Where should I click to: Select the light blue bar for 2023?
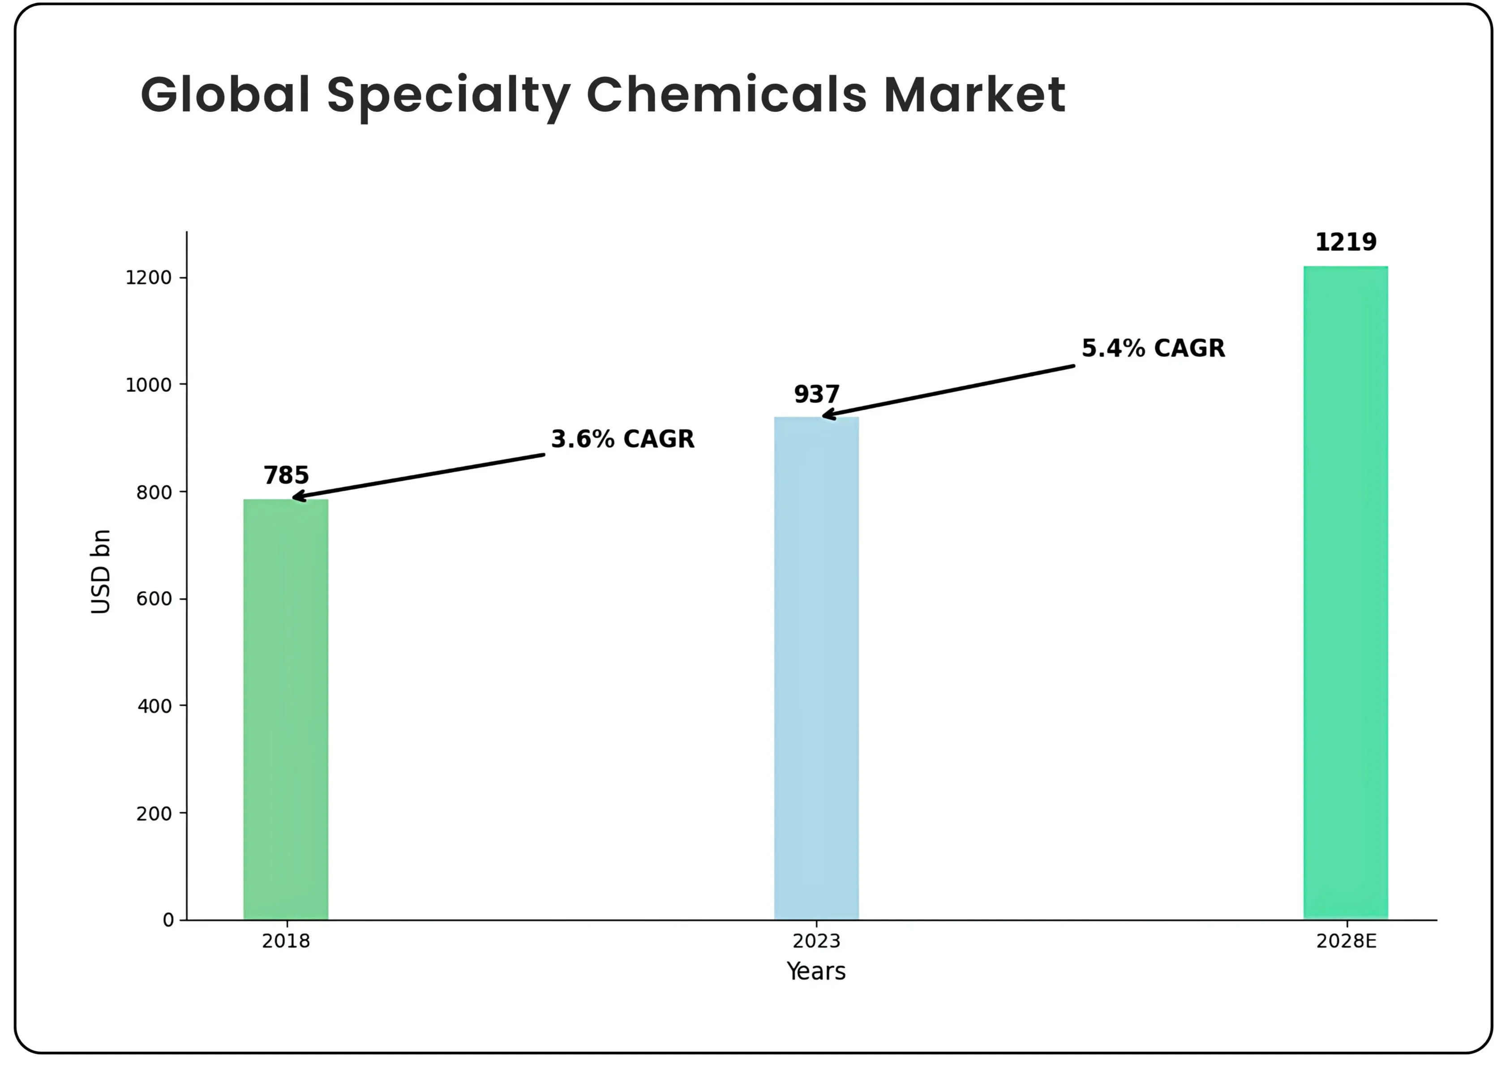coord(816,668)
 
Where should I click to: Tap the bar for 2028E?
coord(1346,592)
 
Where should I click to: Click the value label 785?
coord(286,475)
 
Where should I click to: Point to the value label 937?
coord(816,394)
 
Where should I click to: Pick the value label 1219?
coord(1346,242)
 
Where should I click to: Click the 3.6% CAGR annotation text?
coord(622,439)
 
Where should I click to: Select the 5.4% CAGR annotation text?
coord(1153,348)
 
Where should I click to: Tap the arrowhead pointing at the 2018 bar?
coord(297,497)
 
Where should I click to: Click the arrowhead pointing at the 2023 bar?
coord(828,415)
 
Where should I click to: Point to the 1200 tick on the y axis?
coord(149,278)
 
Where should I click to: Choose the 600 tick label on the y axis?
coord(154,599)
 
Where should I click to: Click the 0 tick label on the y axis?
coord(168,919)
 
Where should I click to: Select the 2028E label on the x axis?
coord(1346,941)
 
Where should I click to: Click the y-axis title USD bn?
coord(101,571)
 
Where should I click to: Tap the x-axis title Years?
coord(816,971)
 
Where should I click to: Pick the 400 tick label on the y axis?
coord(154,706)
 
